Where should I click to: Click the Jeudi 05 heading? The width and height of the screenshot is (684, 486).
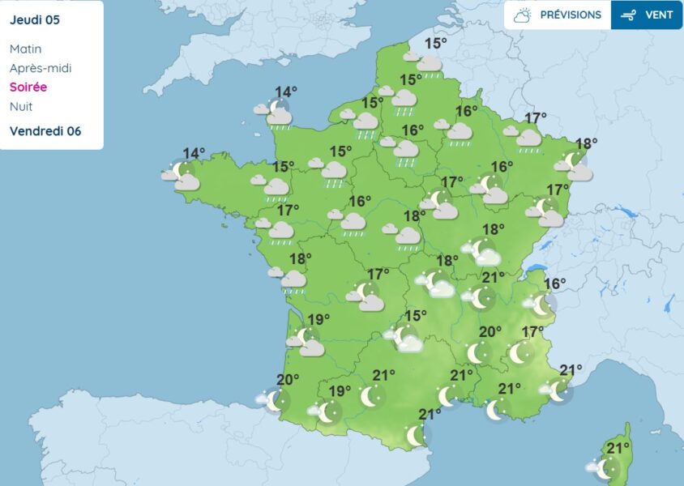36,19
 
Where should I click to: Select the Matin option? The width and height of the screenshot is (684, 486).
25,49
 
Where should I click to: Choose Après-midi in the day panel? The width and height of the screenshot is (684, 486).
41,68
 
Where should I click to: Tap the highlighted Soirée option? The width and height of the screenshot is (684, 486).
28,87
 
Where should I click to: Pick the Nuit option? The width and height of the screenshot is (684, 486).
21,106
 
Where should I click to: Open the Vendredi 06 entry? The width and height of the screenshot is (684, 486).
45,131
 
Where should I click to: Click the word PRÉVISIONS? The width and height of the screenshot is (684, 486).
571,15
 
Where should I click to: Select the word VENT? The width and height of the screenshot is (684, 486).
659,15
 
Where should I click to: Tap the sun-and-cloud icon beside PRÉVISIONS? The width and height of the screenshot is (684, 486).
523,15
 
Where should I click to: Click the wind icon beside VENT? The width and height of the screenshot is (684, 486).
628,15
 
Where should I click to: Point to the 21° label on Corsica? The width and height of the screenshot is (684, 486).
618,449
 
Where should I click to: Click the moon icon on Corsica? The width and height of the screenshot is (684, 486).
608,467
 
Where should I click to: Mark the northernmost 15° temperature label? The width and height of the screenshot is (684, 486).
436,44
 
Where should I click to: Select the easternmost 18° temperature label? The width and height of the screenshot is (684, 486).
586,143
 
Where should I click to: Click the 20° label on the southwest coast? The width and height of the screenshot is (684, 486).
288,380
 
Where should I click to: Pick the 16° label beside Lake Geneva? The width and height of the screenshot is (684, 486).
555,284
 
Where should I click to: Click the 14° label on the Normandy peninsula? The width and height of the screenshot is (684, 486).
285,92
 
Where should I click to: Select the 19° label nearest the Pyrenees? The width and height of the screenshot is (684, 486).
340,392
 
